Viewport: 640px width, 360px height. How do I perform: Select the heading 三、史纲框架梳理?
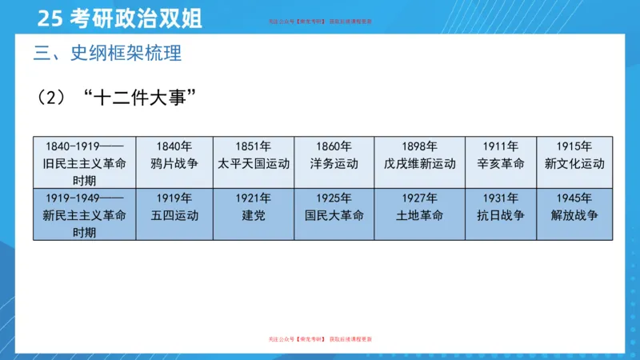coord(108,54)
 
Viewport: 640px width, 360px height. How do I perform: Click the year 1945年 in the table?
coord(574,198)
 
